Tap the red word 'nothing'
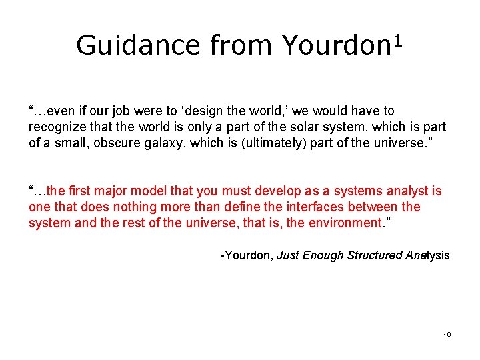click(119, 207)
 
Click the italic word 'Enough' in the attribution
click(321, 255)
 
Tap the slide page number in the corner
click(447, 335)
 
